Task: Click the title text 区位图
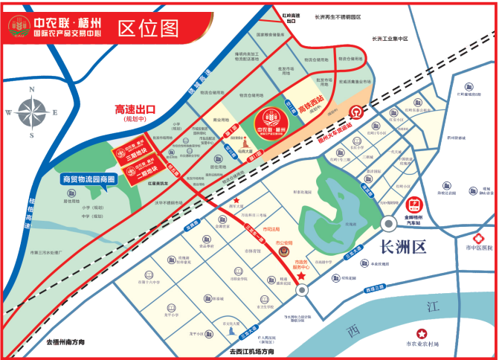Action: [x=149, y=28]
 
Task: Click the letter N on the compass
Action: [x=32, y=91]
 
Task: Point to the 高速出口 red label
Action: [x=135, y=109]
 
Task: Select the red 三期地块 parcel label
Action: [x=127, y=152]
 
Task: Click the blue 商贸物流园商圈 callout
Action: [x=88, y=179]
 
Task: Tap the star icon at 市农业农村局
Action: [x=423, y=332]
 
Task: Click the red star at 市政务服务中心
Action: [x=301, y=277]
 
